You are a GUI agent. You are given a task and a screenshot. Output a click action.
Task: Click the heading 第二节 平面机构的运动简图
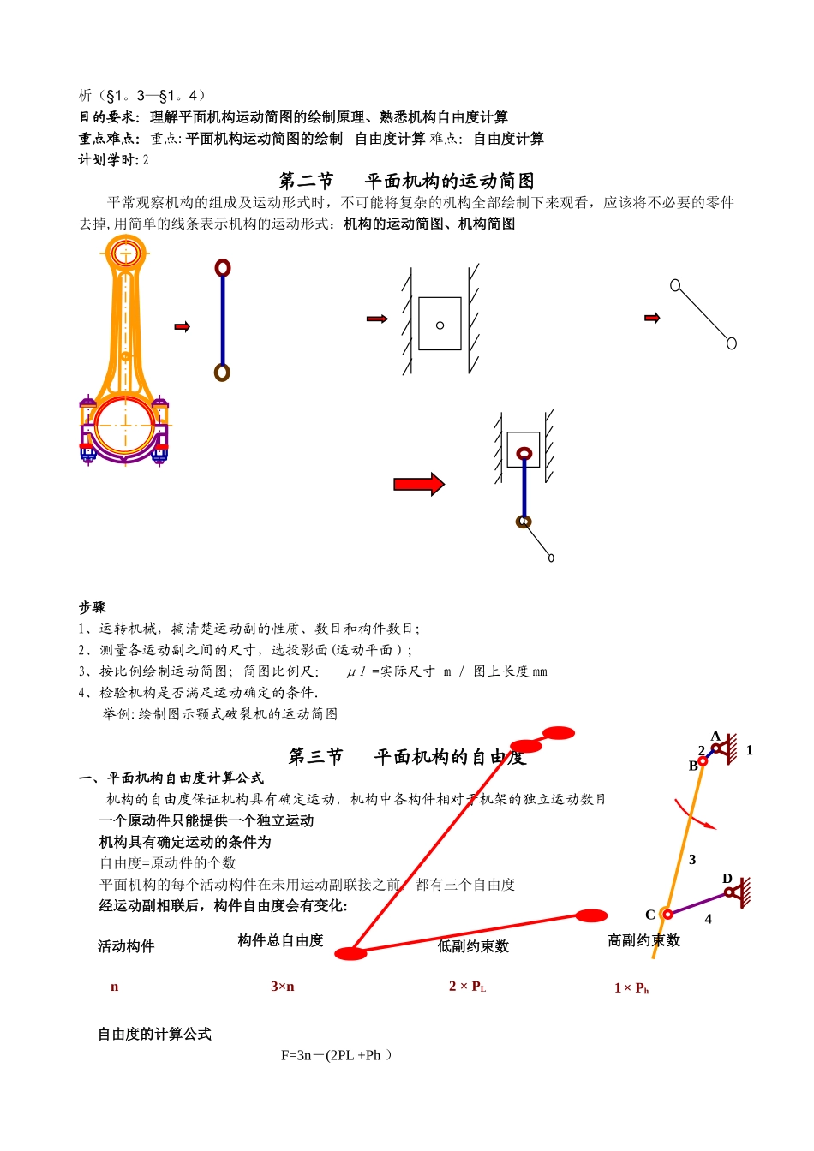[x=406, y=181]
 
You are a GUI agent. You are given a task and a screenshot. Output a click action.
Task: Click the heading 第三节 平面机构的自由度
[x=406, y=757]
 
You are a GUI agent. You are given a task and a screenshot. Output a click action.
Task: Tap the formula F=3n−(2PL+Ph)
[x=336, y=1055]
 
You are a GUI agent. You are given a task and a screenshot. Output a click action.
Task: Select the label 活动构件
[x=126, y=946]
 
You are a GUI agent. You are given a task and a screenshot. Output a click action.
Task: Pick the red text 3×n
[x=283, y=987]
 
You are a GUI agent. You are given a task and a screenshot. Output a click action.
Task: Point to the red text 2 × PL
[x=467, y=987]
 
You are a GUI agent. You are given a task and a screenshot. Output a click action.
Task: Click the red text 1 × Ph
[x=631, y=988]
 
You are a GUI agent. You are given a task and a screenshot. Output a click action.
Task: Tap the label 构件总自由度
[x=280, y=940]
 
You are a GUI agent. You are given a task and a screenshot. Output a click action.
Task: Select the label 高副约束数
[x=643, y=940]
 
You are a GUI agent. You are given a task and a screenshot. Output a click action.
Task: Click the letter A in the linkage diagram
[x=715, y=736]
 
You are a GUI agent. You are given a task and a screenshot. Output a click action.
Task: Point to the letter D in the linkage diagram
[x=727, y=879]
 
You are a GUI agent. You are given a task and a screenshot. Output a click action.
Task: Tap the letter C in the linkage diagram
[x=650, y=915]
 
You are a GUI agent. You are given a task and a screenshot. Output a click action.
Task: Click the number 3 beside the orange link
[x=692, y=860]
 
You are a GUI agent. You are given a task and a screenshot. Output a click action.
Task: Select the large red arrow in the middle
[x=419, y=485]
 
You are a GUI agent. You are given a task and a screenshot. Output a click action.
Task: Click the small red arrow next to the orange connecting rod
[x=182, y=327]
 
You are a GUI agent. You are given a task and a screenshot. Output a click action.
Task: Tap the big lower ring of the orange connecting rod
[x=125, y=426]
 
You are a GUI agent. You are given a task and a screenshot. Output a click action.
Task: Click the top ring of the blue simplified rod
[x=223, y=268]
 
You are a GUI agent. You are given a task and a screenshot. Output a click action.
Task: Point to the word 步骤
[x=93, y=607]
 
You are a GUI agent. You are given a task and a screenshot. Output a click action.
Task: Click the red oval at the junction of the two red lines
[x=350, y=953]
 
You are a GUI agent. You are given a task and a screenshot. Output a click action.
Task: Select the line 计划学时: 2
[x=114, y=160]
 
